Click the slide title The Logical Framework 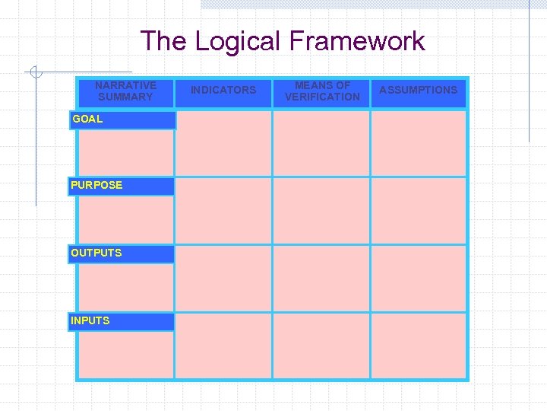click(x=283, y=41)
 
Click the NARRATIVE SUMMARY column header click(x=126, y=91)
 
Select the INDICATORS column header click(x=223, y=91)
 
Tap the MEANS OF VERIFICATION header click(x=322, y=91)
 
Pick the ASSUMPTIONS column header click(x=419, y=91)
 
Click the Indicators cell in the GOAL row click(x=223, y=143)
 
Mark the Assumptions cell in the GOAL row click(x=419, y=143)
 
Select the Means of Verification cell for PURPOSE click(x=321, y=211)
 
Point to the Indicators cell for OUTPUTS click(x=223, y=279)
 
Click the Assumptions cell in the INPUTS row click(x=419, y=346)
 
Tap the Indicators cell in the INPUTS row click(x=223, y=346)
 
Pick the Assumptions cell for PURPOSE click(x=419, y=211)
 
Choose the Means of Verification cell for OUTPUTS click(x=321, y=279)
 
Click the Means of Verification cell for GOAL click(x=321, y=143)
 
